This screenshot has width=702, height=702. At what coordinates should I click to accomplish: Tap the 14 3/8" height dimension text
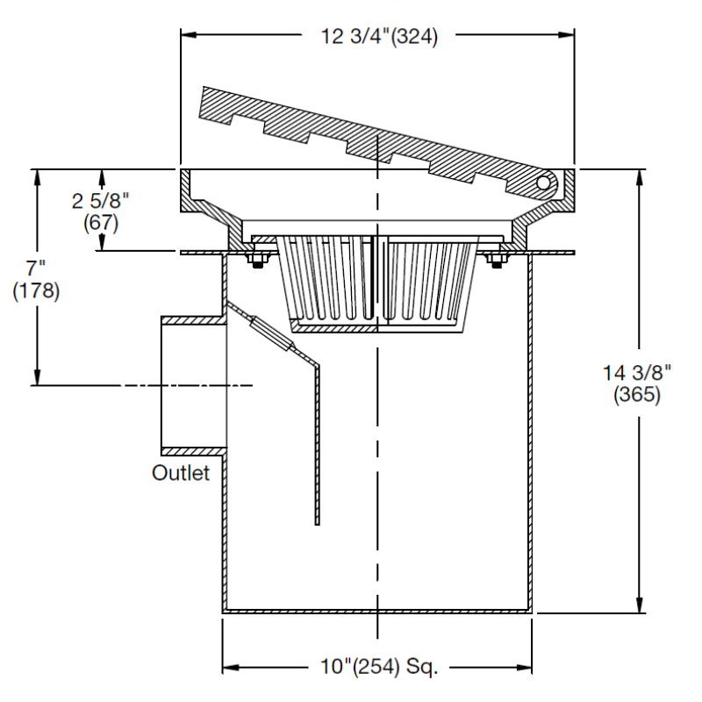pos(636,372)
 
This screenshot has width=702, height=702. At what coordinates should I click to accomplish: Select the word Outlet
pos(182,473)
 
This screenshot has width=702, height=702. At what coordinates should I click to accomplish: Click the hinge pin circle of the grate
pos(544,183)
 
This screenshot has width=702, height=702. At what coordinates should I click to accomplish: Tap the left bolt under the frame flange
pos(258,261)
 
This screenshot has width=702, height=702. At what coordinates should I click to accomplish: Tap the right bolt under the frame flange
pos(495,261)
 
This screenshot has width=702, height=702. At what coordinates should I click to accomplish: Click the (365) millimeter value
pos(636,395)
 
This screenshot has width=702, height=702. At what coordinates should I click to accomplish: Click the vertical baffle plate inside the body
pos(317,439)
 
